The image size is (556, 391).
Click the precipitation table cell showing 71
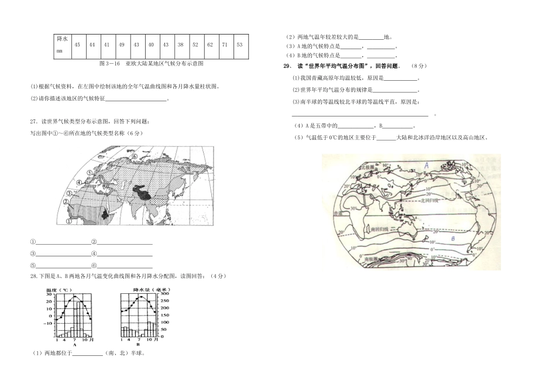point(225,44)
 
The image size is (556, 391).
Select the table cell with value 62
point(210,44)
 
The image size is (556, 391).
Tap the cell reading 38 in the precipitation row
point(180,44)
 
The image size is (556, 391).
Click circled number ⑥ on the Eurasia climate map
point(134,156)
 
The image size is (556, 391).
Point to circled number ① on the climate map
point(68,222)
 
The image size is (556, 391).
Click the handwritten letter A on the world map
point(427,166)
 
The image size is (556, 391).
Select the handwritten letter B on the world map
point(452,239)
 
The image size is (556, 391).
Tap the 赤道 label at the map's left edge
point(337,214)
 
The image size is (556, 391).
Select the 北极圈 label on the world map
point(368,167)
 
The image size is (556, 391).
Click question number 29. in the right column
point(286,66)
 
